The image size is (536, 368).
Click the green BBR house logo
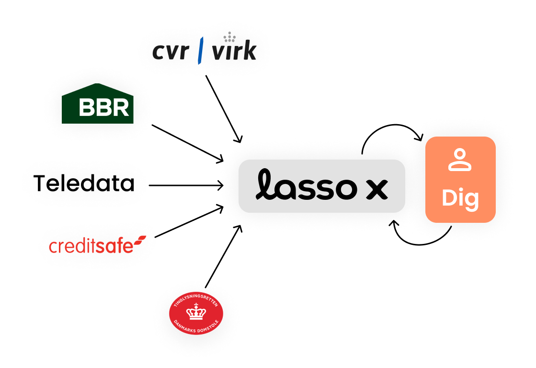98,103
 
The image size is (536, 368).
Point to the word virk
234,52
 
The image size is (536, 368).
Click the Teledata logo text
84,183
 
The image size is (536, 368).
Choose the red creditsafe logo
96,245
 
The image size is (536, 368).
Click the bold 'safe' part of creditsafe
116,246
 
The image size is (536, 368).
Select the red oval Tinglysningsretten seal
196,314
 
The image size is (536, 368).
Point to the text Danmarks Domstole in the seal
196,328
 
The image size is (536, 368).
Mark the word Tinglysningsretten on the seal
196,300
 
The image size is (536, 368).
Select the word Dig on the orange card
460,198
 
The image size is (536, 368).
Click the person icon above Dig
460,160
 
